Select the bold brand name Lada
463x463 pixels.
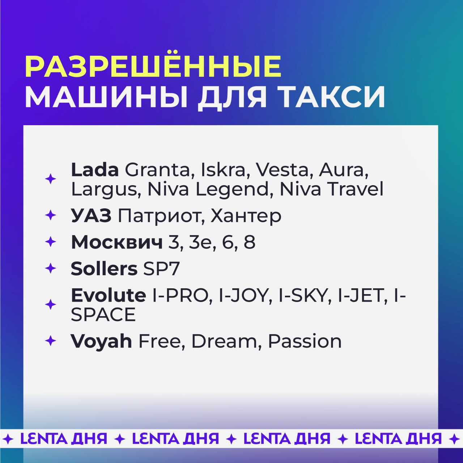[95, 170]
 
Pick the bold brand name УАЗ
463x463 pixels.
[91, 216]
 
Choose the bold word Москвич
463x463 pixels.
[117, 242]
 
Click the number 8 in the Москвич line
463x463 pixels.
[249, 242]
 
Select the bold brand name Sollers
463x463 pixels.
[104, 269]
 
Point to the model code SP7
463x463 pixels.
[161, 269]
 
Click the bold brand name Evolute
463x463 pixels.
[109, 295]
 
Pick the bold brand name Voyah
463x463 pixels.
[101, 341]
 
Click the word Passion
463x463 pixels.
[305, 341]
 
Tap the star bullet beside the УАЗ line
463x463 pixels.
[50, 215]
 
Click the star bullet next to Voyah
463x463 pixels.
[50, 341]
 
